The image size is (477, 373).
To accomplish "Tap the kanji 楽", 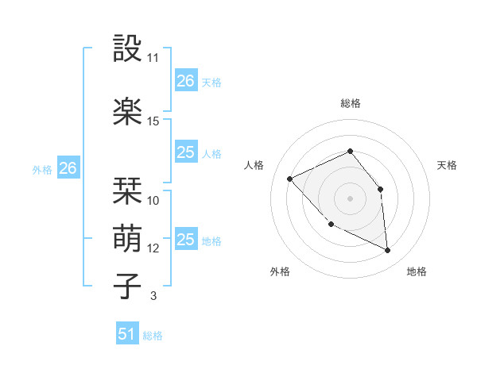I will tap(128, 112).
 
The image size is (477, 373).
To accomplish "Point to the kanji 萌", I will tap(128, 237).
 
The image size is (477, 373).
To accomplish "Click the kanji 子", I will tap(128, 285).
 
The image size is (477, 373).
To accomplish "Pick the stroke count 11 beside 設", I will tap(153, 58).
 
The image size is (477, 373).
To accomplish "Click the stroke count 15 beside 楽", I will tap(153, 121).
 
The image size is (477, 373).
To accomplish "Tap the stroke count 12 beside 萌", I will tap(153, 248).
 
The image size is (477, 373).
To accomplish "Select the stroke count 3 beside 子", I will tap(153, 296).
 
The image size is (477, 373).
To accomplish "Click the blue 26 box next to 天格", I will tap(186, 80).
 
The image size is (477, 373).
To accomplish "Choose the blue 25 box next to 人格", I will tap(186, 152).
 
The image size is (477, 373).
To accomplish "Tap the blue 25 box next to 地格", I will tap(186, 240).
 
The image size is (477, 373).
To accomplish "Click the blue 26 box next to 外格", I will tap(68, 168).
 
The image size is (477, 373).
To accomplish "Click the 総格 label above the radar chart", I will tap(350, 103).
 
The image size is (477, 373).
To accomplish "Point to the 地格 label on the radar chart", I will tap(417, 271).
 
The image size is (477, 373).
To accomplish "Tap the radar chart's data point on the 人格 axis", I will tap(290, 179).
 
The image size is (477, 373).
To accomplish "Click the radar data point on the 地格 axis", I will tap(388, 251).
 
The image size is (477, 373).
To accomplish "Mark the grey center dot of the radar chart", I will tap(350, 198).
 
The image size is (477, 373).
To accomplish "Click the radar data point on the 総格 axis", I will tap(350, 152).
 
